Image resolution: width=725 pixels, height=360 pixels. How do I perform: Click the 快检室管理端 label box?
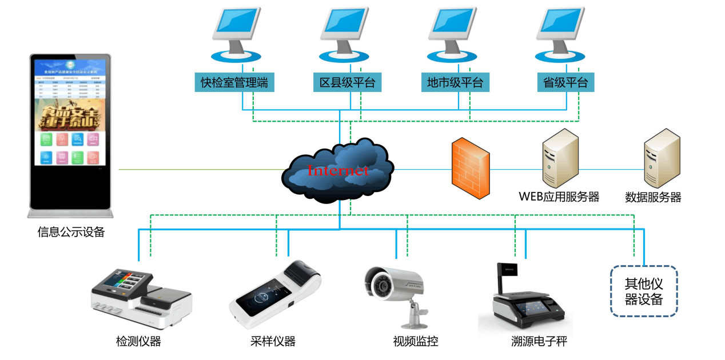coord(234,82)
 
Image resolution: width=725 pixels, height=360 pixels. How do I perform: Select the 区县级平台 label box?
coord(347,82)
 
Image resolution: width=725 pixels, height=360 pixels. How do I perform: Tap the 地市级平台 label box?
coord(455,82)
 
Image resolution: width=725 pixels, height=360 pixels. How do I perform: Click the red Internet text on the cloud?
coord(337,170)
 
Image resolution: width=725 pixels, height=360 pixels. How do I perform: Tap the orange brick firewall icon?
coord(470,167)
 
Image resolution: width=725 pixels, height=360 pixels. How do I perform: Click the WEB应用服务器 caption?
coord(559,197)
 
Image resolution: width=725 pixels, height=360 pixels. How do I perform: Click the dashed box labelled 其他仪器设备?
coord(643,291)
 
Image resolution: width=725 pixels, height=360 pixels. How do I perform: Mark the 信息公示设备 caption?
coord(71,232)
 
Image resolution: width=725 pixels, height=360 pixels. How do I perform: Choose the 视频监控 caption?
coord(416,342)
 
